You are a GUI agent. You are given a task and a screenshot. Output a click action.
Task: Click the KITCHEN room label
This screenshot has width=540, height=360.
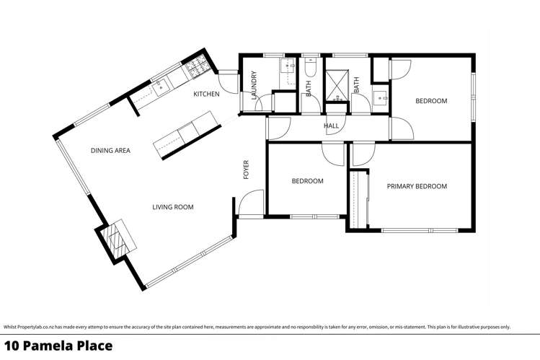tap(206, 95)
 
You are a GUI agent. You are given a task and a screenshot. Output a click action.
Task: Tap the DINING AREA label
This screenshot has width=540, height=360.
tap(110, 151)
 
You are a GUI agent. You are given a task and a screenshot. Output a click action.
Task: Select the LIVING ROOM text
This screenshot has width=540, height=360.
tap(172, 207)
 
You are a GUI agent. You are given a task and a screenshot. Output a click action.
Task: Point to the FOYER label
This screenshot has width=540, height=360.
tap(246, 170)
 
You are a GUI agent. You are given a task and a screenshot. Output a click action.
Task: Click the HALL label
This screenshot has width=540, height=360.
tap(331, 126)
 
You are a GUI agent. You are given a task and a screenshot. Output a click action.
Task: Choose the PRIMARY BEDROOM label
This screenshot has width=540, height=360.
tap(417, 186)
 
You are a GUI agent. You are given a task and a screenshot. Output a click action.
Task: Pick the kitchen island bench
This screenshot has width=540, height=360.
tap(184, 133)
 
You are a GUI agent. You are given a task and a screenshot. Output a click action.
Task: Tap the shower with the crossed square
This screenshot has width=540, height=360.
tap(335, 79)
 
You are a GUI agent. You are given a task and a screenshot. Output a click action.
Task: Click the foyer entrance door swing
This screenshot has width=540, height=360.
tap(252, 204)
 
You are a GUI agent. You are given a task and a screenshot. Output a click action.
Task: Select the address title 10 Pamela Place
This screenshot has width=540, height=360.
tap(58, 346)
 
